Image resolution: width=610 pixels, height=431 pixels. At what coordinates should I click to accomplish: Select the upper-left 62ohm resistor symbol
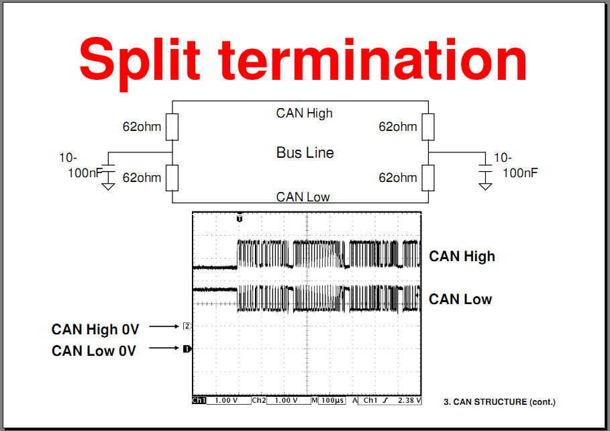[172, 127]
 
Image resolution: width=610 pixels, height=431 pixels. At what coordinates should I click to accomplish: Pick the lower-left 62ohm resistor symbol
[172, 178]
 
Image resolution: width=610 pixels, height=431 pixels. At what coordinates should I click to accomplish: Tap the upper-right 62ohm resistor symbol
[428, 127]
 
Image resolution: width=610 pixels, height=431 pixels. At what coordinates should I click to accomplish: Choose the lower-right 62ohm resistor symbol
[428, 178]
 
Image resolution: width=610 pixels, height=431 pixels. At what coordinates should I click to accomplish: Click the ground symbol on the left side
[108, 184]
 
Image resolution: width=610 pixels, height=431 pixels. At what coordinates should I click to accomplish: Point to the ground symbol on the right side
[485, 184]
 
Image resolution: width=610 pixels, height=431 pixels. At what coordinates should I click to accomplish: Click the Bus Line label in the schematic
[305, 152]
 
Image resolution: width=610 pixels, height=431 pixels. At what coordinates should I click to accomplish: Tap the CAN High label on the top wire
[304, 113]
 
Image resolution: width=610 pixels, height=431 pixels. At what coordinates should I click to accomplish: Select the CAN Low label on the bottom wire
[303, 197]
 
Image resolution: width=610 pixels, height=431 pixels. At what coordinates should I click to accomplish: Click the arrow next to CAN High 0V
[164, 326]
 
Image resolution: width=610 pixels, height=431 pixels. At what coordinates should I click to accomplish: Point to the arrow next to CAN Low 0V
[164, 348]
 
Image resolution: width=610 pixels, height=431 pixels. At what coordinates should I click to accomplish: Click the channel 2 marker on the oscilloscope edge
[187, 326]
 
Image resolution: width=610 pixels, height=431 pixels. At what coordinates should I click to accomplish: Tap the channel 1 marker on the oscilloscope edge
[187, 349]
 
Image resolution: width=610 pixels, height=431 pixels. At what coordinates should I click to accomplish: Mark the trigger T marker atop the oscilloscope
[240, 218]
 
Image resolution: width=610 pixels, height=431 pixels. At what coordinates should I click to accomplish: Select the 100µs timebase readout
[333, 400]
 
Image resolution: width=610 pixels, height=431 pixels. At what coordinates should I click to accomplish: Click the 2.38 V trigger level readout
[409, 400]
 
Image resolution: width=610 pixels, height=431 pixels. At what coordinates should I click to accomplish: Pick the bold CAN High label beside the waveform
[462, 256]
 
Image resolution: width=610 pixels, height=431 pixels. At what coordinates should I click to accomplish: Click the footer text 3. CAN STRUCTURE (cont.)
[499, 402]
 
